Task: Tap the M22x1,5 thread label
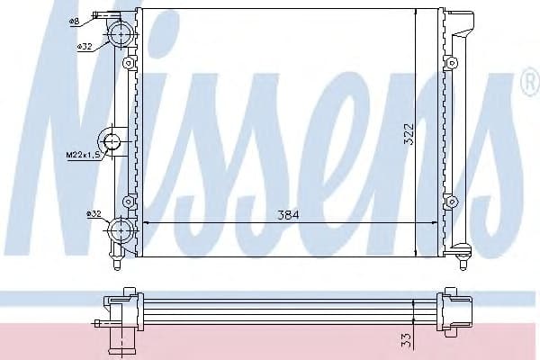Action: (82, 155)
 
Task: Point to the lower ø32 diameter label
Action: (93, 213)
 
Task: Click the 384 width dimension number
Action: (287, 215)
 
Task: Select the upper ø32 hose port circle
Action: (121, 34)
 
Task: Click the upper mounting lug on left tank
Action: (130, 65)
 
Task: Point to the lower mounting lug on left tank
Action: (130, 199)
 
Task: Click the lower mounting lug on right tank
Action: (453, 199)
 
